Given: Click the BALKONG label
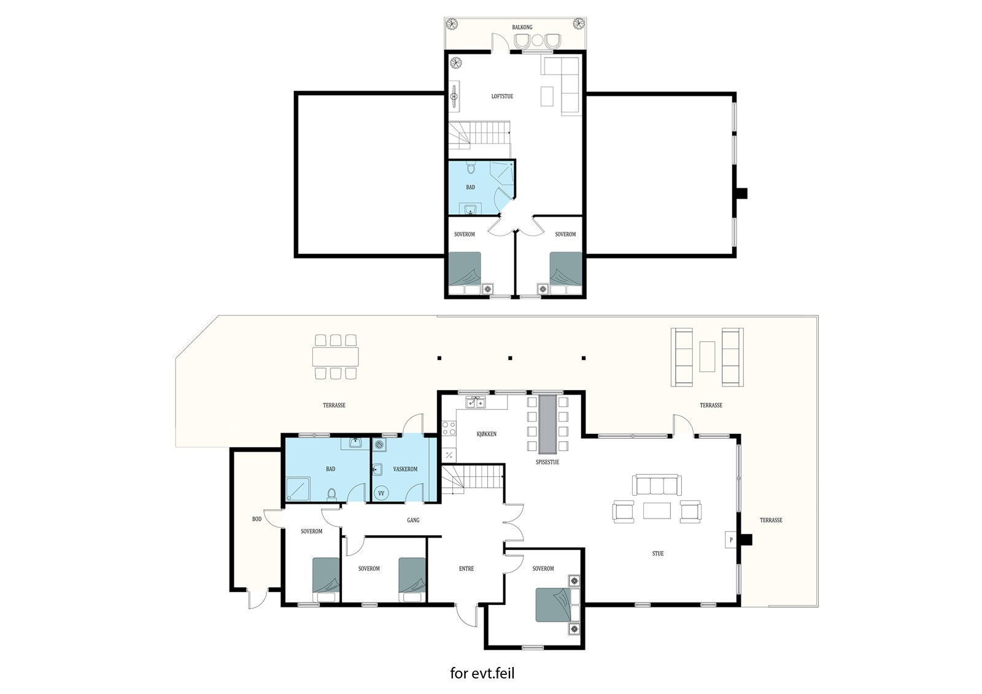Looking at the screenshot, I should (522, 27).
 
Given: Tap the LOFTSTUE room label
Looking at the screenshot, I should (502, 96).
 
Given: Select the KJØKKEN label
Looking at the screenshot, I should (486, 434).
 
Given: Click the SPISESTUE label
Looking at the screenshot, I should (547, 462).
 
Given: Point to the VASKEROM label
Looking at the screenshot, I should (405, 469).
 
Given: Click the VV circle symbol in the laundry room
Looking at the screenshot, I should (381, 493).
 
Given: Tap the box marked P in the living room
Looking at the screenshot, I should (730, 540).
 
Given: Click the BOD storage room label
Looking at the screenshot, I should (257, 519).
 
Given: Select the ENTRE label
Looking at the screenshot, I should (466, 569).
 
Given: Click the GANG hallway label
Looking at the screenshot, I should (413, 520).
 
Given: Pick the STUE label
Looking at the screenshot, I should (658, 553).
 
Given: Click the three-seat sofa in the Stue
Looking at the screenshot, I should (657, 485).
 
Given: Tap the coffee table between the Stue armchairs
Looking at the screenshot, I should (657, 511).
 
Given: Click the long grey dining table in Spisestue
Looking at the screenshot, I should (547, 423).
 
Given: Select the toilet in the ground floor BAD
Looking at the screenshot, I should (332, 493).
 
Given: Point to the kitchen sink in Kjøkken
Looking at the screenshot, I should (476, 403).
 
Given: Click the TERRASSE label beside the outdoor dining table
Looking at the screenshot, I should (334, 406).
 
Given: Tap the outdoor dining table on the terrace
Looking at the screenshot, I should (334, 357).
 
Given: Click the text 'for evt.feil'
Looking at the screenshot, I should (482, 674).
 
